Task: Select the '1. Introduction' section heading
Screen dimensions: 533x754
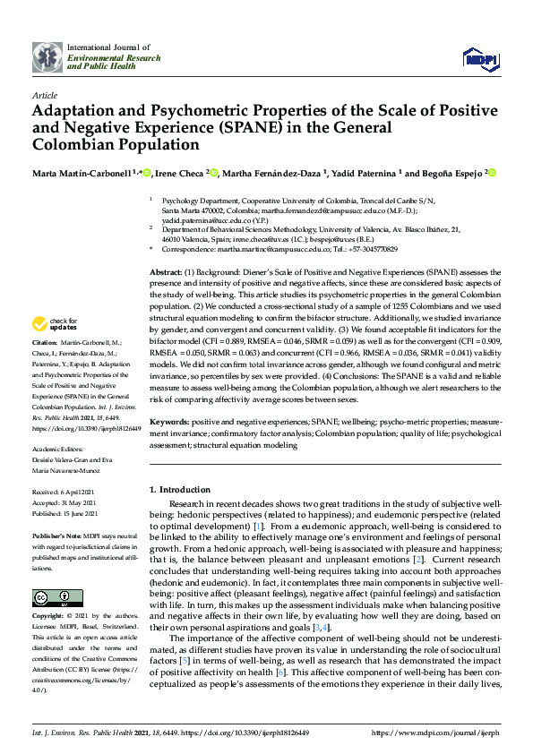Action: (x=180, y=490)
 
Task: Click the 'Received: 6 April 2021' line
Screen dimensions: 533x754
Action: (x=66, y=493)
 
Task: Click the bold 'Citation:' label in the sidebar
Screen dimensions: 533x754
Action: (x=44, y=343)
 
